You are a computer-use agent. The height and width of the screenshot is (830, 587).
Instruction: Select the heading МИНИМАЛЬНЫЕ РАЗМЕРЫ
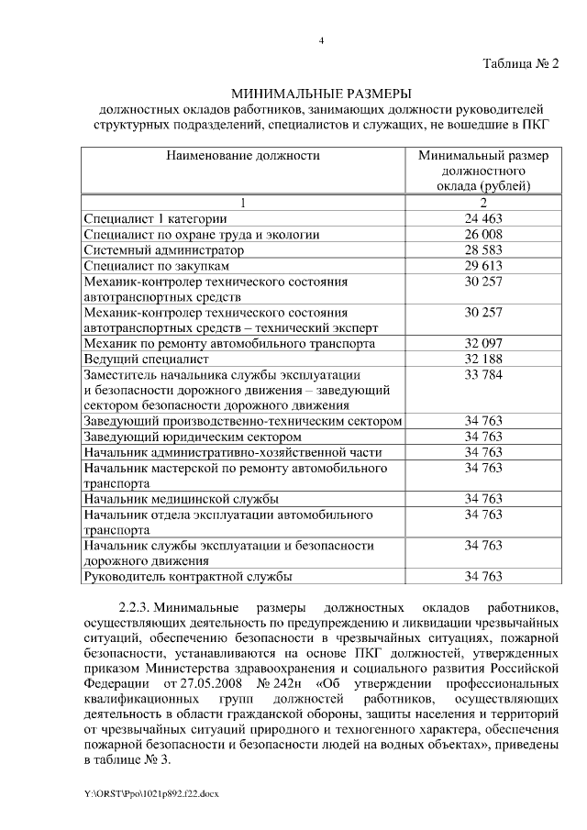click(x=321, y=94)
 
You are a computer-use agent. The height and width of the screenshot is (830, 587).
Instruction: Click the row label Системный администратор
click(x=164, y=249)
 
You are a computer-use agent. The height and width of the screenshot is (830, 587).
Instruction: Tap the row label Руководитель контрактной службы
click(x=188, y=577)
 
